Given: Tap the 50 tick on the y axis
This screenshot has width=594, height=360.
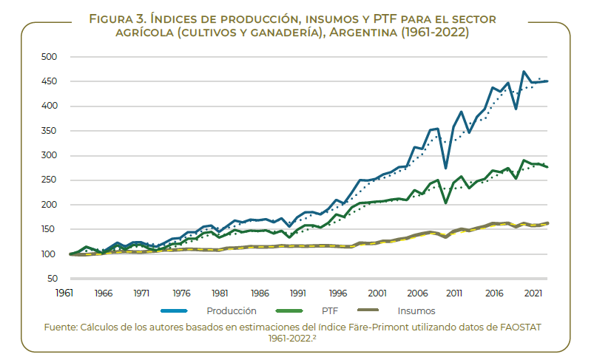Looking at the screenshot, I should click(51, 279).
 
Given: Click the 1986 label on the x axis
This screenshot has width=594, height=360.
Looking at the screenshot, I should click(260, 293).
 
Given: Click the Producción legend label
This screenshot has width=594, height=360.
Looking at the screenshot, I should click(231, 311).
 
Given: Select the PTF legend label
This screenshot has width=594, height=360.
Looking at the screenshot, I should click(329, 311).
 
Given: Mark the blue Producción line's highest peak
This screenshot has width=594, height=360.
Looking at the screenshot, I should click(524, 72).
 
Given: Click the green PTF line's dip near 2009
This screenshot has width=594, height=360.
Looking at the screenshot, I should click(445, 203).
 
